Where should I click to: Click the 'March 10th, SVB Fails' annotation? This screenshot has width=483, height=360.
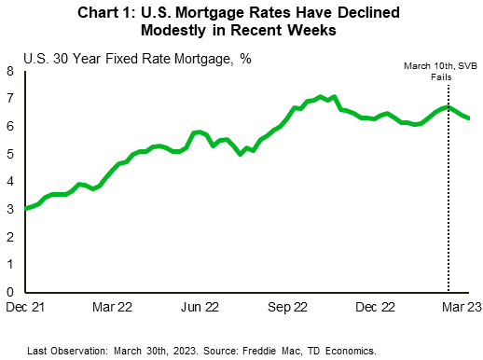[x=439, y=71]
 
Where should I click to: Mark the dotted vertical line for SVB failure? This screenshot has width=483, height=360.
[x=448, y=205]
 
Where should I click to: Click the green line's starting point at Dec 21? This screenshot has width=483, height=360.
[x=24, y=208]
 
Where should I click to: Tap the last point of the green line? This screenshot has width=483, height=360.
[x=468, y=118]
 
